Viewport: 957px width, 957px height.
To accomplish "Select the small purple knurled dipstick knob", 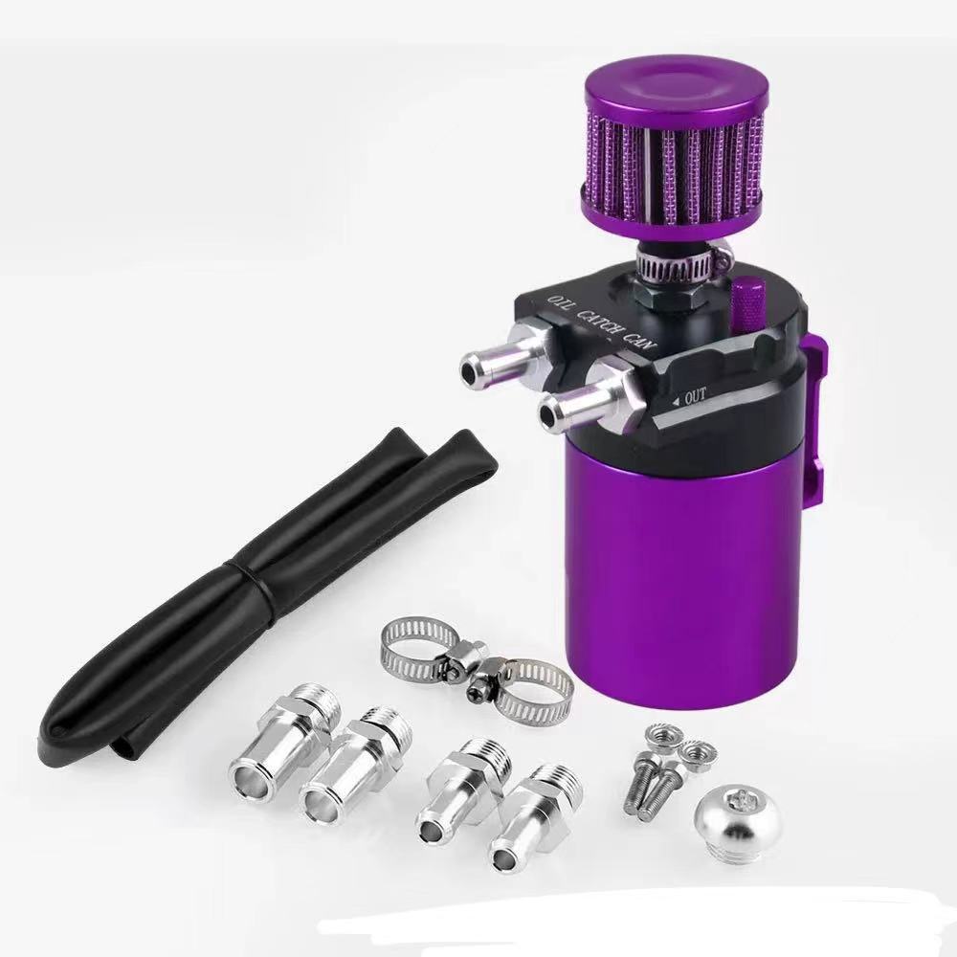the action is (747, 304).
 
